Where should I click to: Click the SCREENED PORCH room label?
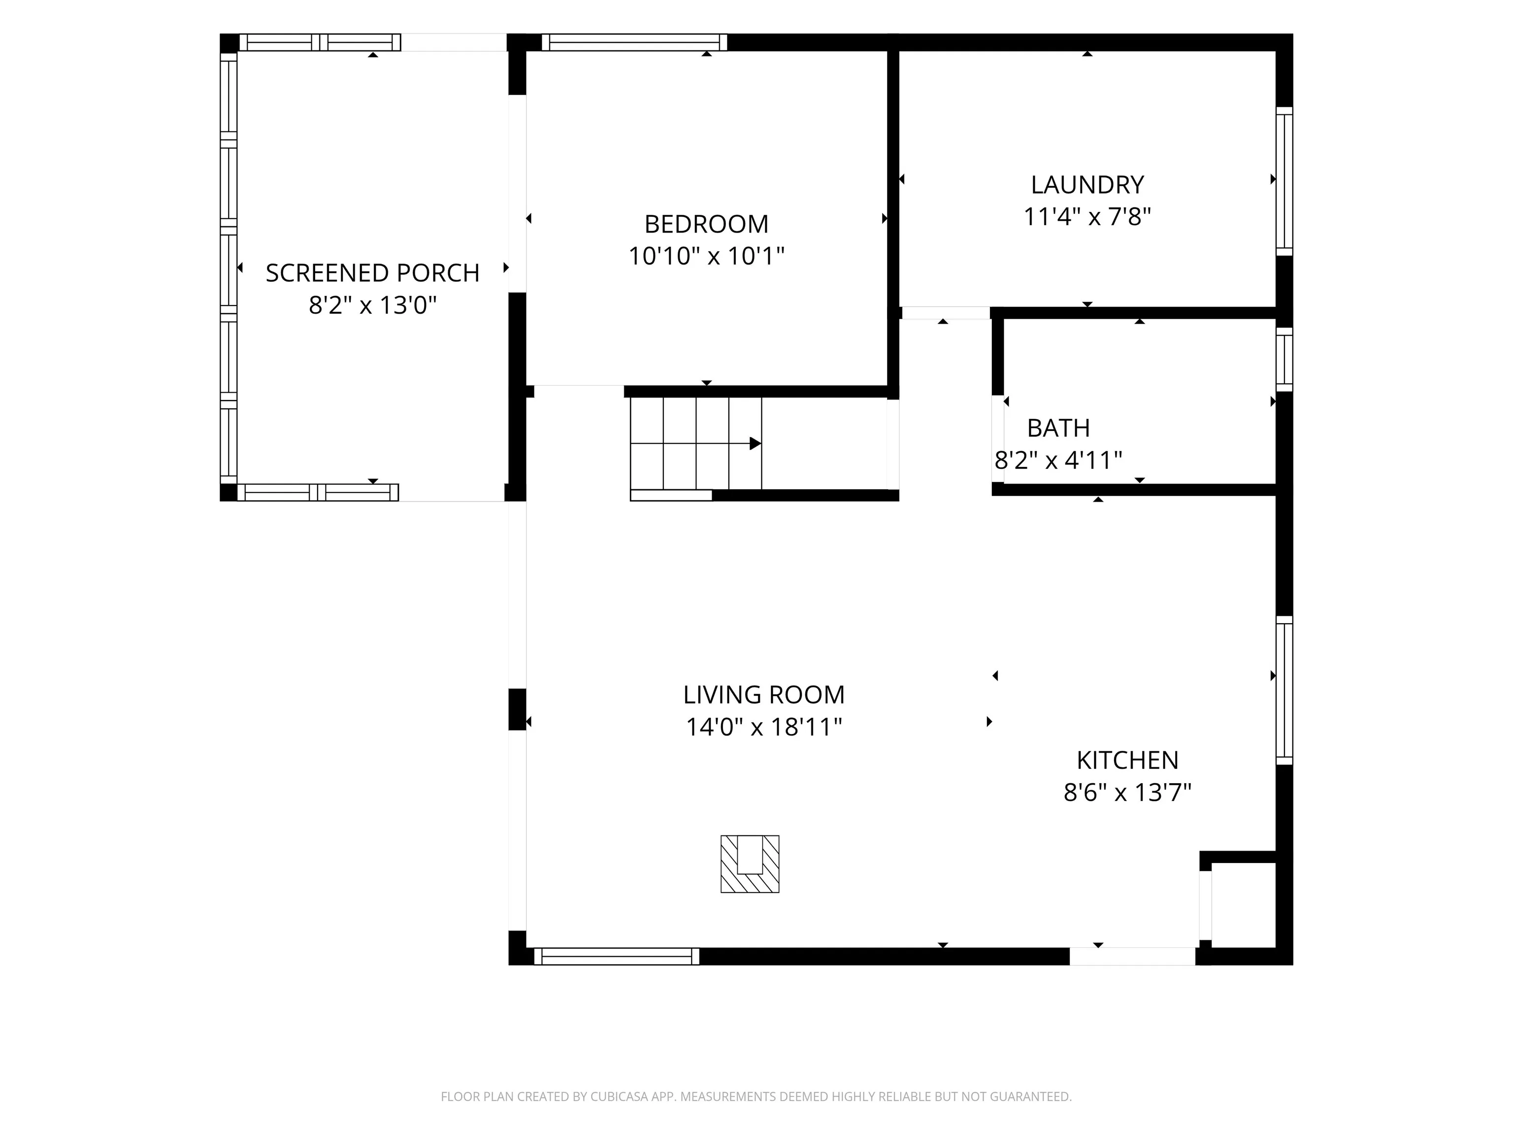pos(372,273)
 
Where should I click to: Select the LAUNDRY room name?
pos(1087,185)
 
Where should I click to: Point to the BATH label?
pos(1058,428)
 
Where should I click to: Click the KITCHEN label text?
pos(1127,760)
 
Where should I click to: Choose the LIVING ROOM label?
pos(763,695)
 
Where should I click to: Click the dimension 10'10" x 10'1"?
pos(706,256)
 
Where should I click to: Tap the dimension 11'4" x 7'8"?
pos(1087,217)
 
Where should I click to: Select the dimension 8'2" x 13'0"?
pos(372,305)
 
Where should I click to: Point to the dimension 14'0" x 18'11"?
pos(763,727)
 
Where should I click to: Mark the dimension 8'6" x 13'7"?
pos(1127,792)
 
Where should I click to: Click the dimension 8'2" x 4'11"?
pos(1058,460)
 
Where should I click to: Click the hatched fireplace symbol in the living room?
pos(750,864)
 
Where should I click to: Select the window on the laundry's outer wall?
pos(1284,181)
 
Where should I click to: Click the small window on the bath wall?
pos(1284,359)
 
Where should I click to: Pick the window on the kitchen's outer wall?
pos(1284,690)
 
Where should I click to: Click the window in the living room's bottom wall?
pos(616,957)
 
